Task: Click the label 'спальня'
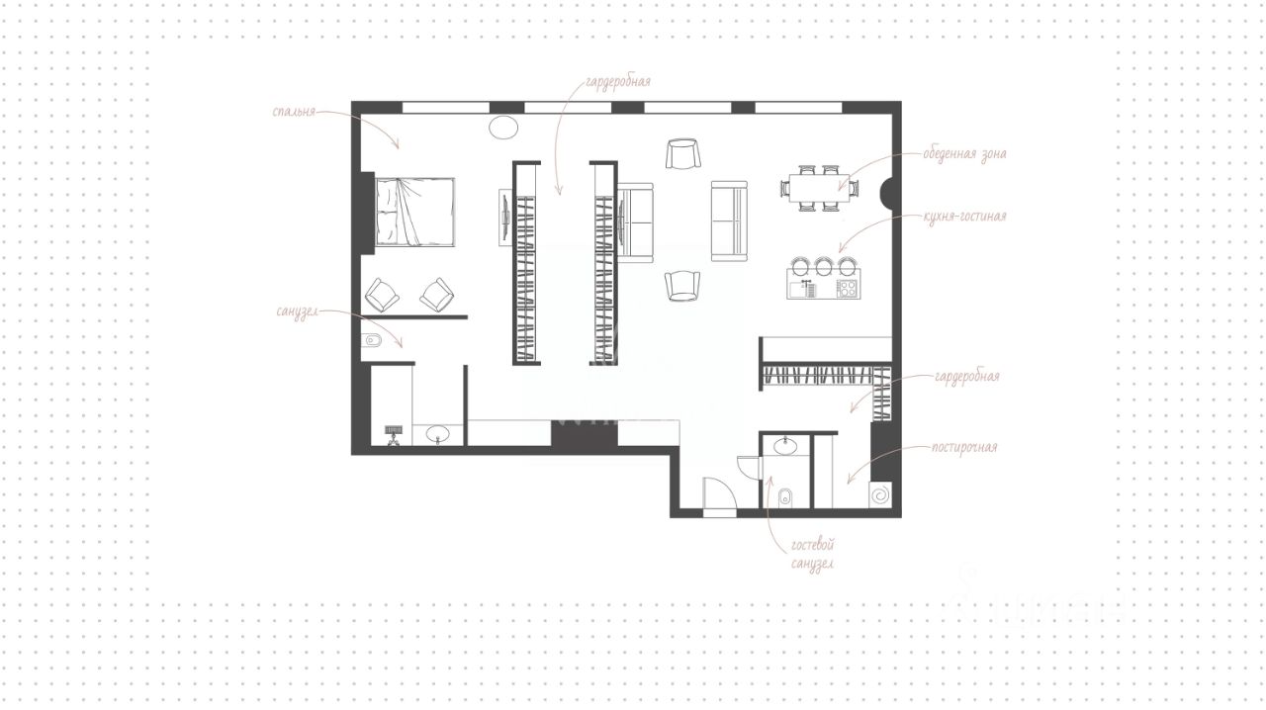(x=294, y=112)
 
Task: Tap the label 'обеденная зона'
(x=964, y=153)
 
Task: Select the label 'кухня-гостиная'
(x=964, y=216)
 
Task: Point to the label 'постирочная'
(x=964, y=447)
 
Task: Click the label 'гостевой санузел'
(x=812, y=555)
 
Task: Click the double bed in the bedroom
(x=414, y=212)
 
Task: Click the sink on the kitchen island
(x=803, y=290)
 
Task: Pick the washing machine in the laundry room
(x=880, y=495)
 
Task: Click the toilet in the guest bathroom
(x=785, y=498)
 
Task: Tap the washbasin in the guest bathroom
(x=785, y=446)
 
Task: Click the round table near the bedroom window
(x=503, y=128)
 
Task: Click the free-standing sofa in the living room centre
(x=729, y=222)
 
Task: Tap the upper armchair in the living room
(x=682, y=153)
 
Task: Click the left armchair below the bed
(x=383, y=295)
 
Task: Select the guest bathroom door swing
(x=750, y=468)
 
